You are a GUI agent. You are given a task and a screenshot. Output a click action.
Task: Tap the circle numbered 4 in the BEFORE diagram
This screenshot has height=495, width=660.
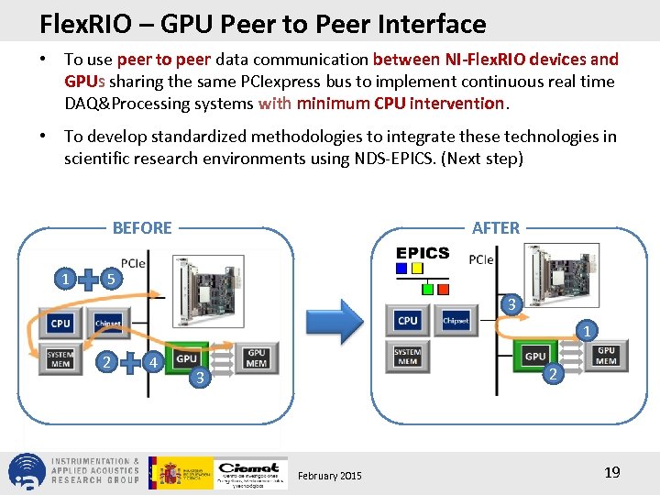click(x=155, y=362)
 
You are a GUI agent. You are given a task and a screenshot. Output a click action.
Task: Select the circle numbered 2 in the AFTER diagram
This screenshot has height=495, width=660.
click(x=551, y=373)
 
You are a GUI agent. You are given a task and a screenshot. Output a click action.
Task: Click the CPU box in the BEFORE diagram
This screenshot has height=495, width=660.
click(x=60, y=323)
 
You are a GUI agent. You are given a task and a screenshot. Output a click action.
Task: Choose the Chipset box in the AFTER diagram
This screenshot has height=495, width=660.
click(x=456, y=320)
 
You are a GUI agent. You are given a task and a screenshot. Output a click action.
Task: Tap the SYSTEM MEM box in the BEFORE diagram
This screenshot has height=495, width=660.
click(x=60, y=357)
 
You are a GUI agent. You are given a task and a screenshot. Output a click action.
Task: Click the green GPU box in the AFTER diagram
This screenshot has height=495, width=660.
click(x=535, y=357)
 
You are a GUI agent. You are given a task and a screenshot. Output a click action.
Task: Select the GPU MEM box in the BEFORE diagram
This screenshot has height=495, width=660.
click(x=257, y=357)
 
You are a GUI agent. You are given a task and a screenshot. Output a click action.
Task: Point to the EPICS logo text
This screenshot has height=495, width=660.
click(x=423, y=253)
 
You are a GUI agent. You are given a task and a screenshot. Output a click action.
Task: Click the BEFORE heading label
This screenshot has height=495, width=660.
click(x=142, y=227)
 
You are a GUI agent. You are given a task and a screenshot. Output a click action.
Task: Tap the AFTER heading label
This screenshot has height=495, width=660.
click(x=496, y=227)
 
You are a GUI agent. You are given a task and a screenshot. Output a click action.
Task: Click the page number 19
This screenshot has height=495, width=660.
click(x=612, y=473)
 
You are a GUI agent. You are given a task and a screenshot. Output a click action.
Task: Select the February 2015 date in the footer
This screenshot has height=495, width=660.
click(x=330, y=475)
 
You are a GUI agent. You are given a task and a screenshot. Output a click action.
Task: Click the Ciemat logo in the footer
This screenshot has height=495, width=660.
click(x=249, y=472)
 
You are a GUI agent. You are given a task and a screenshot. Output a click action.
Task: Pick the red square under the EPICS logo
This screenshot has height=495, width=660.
click(x=443, y=288)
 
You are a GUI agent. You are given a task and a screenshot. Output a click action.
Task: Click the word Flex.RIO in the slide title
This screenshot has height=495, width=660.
click(x=75, y=23)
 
